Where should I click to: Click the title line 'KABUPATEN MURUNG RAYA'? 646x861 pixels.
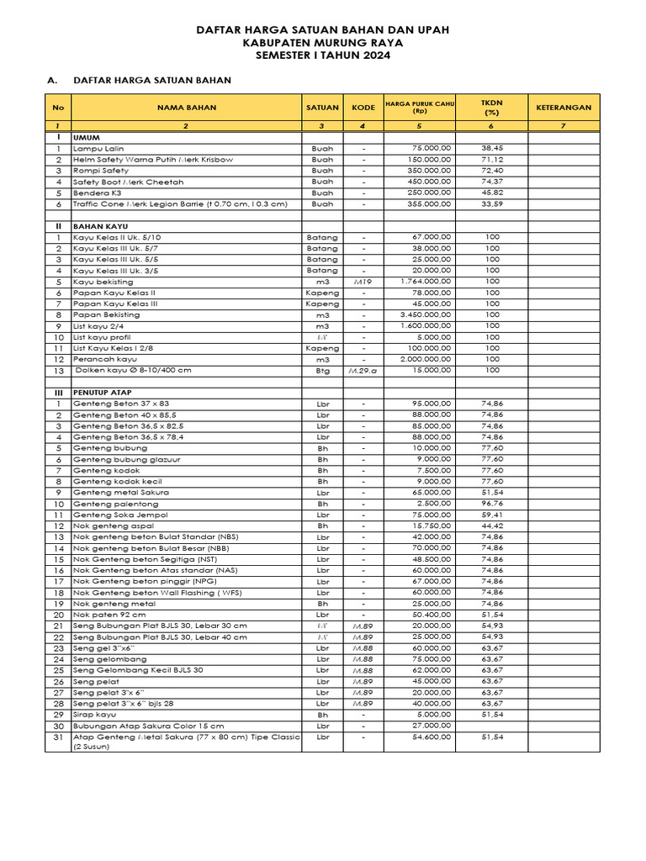[x=322, y=42]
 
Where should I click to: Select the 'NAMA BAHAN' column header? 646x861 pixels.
[x=186, y=108]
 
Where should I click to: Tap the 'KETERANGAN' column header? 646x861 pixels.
[x=564, y=108]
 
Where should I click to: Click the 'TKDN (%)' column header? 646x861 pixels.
[x=491, y=107]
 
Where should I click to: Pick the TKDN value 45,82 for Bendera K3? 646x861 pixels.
[x=492, y=193]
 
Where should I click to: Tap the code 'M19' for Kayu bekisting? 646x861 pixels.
[x=363, y=282]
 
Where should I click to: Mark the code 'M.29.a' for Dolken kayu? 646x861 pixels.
[x=363, y=370]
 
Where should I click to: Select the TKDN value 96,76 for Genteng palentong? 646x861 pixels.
[x=492, y=503]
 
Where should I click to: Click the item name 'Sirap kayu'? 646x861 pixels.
[x=95, y=714]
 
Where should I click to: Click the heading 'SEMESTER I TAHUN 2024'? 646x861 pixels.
[x=322, y=55]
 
